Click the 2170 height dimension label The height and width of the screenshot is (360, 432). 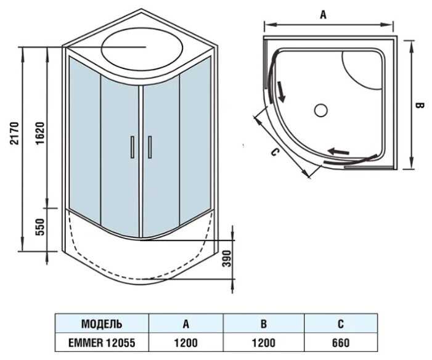(14, 133)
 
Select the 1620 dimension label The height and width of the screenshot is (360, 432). (40, 133)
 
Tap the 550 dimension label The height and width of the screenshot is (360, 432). (40, 227)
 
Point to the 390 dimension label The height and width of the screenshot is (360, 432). (226, 258)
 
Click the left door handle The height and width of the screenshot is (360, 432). (132, 147)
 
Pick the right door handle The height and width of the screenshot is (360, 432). (150, 147)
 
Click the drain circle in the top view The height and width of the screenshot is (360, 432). (321, 110)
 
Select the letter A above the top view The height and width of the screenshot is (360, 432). (323, 15)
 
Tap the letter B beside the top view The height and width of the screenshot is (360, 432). (420, 105)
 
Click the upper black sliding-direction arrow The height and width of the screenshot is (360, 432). (281, 91)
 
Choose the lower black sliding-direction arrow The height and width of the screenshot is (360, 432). (338, 151)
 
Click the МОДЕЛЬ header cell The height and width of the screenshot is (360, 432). (102, 324)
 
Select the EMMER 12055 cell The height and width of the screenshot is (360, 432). (102, 343)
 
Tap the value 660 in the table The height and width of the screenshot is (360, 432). (341, 343)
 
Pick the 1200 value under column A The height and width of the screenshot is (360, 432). (185, 343)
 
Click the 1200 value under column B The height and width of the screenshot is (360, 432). (264, 343)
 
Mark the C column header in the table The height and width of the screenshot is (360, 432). (341, 324)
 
